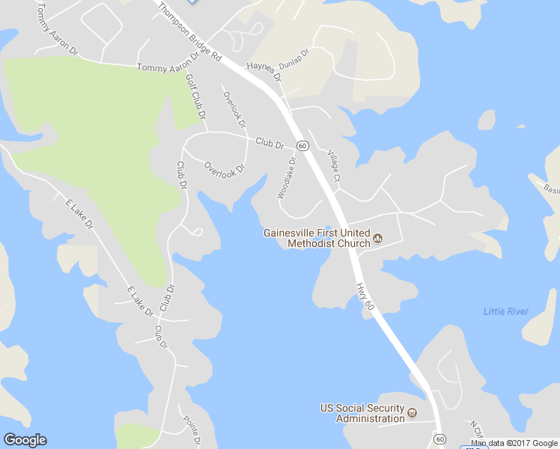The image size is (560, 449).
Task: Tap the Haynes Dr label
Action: [264, 70]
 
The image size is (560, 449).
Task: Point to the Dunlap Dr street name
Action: [293, 58]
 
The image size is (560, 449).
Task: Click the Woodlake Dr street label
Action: [287, 177]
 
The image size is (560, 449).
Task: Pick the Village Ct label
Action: [334, 167]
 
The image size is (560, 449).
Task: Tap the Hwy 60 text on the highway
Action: [365, 297]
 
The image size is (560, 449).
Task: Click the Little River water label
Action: [505, 311]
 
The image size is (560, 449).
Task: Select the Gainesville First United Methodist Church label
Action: [317, 237]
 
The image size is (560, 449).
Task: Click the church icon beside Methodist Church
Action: [377, 239]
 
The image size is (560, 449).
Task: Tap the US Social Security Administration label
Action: [362, 413]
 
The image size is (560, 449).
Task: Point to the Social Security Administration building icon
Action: [412, 412]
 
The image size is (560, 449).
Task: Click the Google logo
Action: [25, 440]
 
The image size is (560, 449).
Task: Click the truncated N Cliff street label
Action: [478, 430]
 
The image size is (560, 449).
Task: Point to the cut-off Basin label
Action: [552, 189]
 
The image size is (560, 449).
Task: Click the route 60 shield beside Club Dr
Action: [302, 145]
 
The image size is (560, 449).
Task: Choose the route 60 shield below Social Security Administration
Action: [439, 439]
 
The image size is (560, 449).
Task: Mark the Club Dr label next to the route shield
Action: [270, 142]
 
